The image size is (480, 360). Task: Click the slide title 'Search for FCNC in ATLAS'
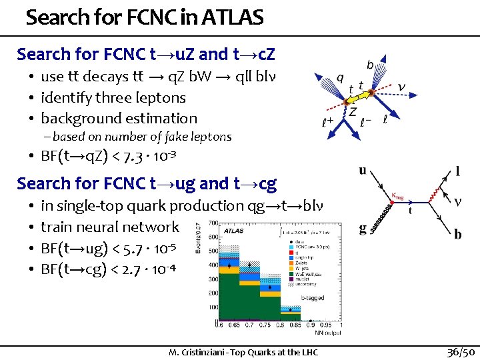[145, 17]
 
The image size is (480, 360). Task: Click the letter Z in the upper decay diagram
[353, 112]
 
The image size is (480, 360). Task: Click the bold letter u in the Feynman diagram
[363, 170]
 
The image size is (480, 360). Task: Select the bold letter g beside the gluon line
[363, 229]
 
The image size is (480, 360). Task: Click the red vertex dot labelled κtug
[400, 201]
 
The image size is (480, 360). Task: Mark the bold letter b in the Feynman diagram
[457, 234]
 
